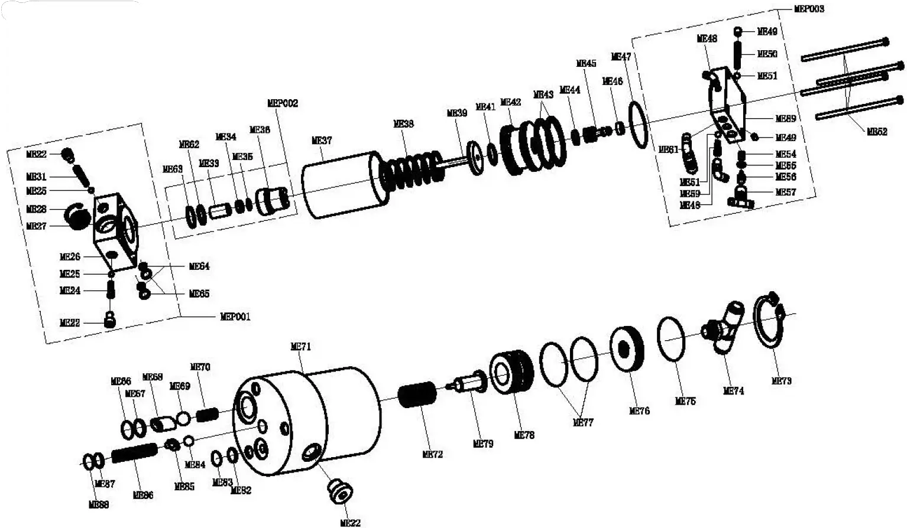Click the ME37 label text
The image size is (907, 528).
click(x=322, y=141)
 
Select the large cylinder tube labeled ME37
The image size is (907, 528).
click(x=343, y=185)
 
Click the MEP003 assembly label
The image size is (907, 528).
click(x=808, y=9)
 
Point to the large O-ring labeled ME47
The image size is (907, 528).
click(x=639, y=125)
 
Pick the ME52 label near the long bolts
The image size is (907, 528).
click(x=877, y=132)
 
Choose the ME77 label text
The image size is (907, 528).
click(x=583, y=422)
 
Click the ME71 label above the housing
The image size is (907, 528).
click(x=300, y=347)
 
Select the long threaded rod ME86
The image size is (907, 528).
click(x=134, y=453)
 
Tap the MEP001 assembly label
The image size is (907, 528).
click(x=235, y=317)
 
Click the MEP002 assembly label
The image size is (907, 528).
click(x=283, y=103)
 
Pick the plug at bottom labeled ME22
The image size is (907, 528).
click(x=341, y=491)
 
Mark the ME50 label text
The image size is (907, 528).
click(x=767, y=54)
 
